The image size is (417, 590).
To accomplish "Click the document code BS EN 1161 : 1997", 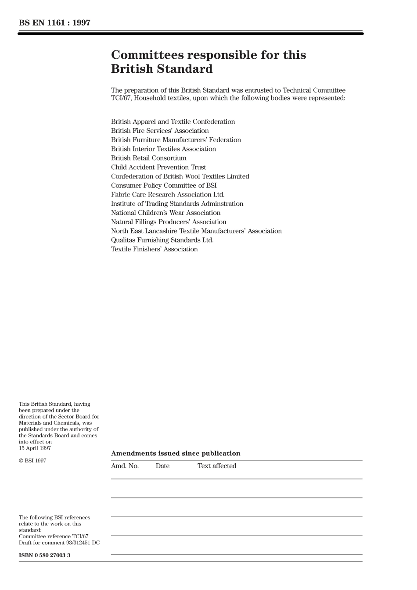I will tap(54, 23).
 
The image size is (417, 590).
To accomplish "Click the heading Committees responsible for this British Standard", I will tap(208, 62).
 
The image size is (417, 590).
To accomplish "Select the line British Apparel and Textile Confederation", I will tap(173, 122).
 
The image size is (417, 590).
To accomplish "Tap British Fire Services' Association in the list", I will tap(160, 131).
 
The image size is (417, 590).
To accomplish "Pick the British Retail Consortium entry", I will tap(148, 158).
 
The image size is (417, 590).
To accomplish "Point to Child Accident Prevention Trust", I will tap(158, 167).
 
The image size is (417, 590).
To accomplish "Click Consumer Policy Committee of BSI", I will tap(163, 186).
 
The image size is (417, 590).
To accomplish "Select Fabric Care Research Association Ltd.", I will tap(167, 194).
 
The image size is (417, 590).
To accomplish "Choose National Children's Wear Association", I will tap(165, 213).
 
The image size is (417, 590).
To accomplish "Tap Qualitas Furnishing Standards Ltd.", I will tap(162, 240).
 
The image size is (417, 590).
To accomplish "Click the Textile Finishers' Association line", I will tap(154, 249).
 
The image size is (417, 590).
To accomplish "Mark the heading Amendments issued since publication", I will tap(176, 454).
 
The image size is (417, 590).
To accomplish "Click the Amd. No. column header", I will tap(125, 466).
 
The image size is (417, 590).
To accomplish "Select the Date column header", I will tap(162, 466).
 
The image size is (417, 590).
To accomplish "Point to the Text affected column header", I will tap(216, 466).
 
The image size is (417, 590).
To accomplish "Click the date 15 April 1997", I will tap(35, 448).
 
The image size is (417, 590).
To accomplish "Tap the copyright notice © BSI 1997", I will tap(32, 461).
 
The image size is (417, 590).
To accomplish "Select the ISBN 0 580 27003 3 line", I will tap(44, 555).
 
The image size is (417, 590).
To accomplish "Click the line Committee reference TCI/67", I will tap(53, 536).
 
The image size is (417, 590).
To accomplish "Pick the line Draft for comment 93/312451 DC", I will tap(59, 543).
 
